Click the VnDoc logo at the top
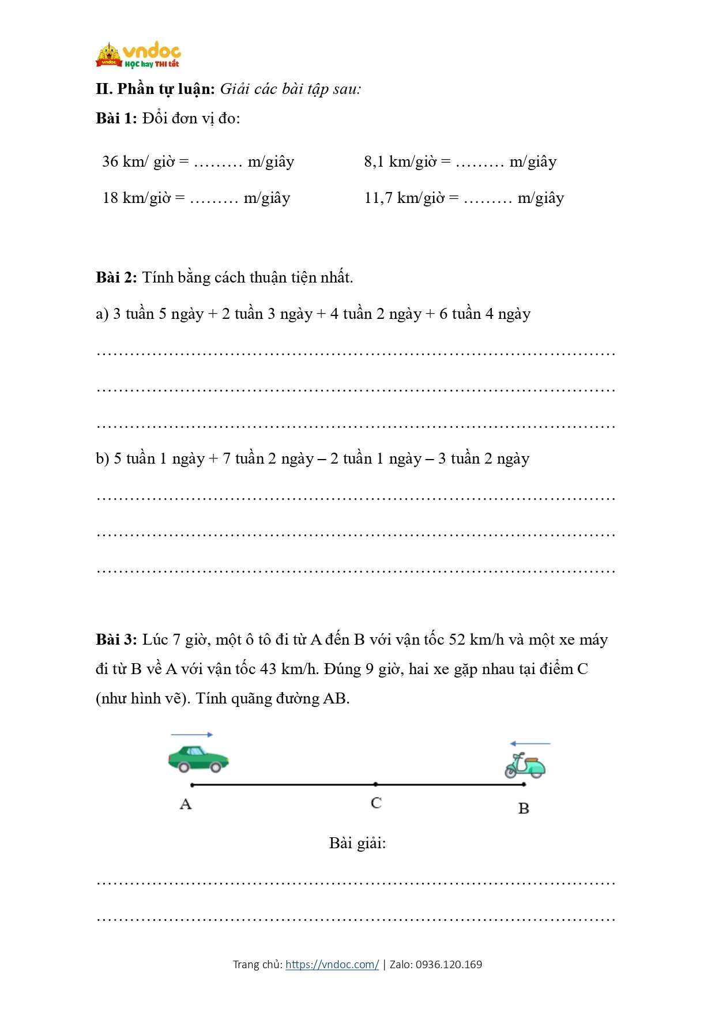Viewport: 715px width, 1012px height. click(138, 55)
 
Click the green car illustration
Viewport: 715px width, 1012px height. click(198, 758)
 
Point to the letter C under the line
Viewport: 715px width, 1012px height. click(376, 803)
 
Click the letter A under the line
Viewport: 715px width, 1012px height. click(186, 804)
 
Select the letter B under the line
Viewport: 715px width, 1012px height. click(524, 808)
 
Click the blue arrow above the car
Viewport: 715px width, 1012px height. click(192, 735)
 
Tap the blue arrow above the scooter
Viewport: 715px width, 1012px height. click(530, 743)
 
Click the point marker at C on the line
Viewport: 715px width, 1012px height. click(375, 784)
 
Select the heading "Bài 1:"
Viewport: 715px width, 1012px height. click(116, 118)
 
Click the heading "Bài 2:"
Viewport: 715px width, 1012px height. click(116, 277)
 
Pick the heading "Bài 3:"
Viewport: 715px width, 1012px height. click(116, 639)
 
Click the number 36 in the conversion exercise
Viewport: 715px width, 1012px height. click(110, 161)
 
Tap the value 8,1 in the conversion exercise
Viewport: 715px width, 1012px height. click(374, 161)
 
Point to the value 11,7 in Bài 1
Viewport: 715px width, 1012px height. click(378, 198)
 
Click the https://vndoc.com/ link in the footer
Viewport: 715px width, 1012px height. click(332, 964)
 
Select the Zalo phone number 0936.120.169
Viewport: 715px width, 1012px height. click(449, 964)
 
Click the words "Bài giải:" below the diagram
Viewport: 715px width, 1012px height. click(357, 843)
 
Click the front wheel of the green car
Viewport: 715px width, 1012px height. click(216, 768)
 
